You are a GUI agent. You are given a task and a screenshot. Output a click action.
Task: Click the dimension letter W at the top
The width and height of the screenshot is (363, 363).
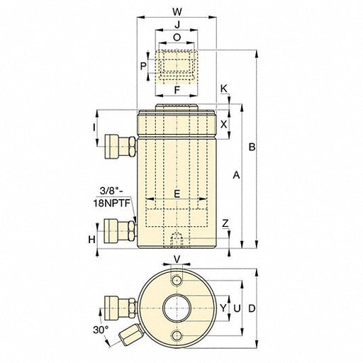click(x=177, y=11)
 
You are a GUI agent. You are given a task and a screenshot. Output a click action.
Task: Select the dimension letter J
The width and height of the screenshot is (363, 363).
click(x=177, y=24)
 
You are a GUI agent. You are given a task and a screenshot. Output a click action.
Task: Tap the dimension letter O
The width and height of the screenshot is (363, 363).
click(x=177, y=38)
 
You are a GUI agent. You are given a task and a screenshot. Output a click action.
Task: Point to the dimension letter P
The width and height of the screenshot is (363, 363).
click(x=143, y=65)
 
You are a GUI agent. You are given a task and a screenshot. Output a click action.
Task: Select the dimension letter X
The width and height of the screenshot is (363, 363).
click(x=224, y=124)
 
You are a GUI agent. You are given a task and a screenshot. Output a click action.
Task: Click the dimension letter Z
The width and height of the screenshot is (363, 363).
click(x=225, y=223)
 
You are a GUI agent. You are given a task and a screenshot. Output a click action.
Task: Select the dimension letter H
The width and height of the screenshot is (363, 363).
click(x=91, y=240)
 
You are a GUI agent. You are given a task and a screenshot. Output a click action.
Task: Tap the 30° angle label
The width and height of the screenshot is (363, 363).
click(x=102, y=330)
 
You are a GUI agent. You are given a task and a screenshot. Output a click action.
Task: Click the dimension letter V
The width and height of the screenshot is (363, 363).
click(x=177, y=259)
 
